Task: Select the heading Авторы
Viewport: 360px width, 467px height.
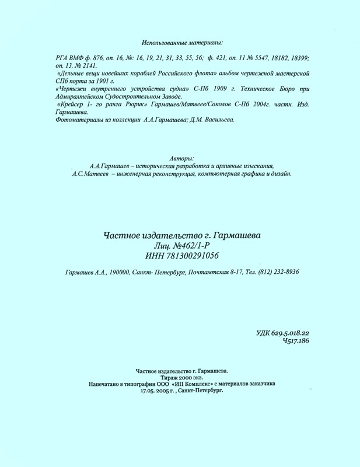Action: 182,159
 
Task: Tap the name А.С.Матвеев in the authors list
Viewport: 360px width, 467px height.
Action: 94,173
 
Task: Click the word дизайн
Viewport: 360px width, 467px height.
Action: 278,173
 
